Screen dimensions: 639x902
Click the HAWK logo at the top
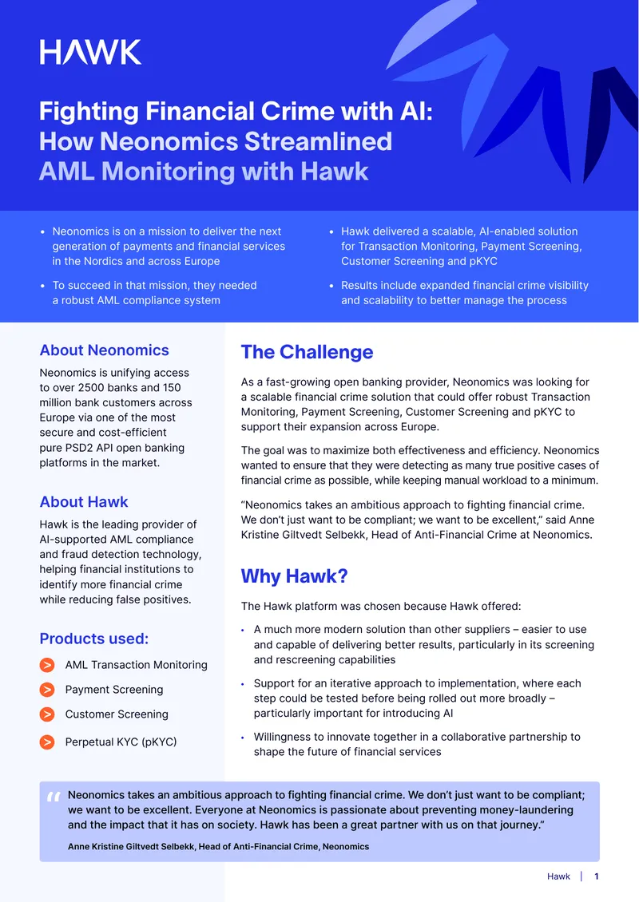(x=90, y=53)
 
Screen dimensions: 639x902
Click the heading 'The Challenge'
(x=307, y=352)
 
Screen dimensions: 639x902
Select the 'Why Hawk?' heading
(x=294, y=576)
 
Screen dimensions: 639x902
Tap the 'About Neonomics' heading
(x=104, y=350)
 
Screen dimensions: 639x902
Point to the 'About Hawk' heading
(x=84, y=501)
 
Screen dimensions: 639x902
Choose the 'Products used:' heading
(x=93, y=639)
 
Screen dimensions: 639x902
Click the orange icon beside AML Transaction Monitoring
(x=47, y=665)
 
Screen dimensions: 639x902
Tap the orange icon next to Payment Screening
(x=47, y=689)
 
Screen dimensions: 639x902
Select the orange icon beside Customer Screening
(x=47, y=714)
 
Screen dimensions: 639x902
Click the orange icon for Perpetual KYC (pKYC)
(x=47, y=742)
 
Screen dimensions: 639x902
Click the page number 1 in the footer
(x=597, y=876)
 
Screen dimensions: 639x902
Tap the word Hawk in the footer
(x=558, y=876)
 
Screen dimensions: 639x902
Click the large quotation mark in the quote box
(x=54, y=797)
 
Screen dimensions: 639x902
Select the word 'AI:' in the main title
(x=416, y=111)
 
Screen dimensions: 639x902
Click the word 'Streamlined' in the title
(x=319, y=141)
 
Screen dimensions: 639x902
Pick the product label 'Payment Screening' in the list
(x=114, y=689)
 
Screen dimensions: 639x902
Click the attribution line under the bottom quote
(x=218, y=846)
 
